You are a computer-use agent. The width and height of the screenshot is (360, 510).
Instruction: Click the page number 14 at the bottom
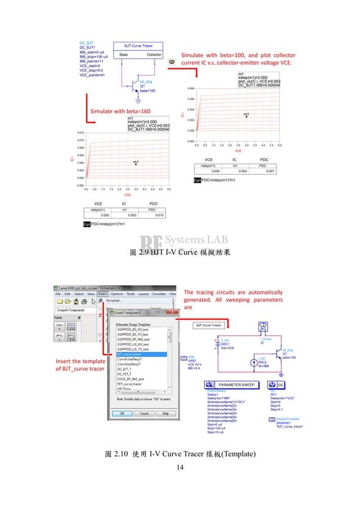[x=180, y=467]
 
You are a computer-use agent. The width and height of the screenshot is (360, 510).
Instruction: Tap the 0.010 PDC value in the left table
[x=160, y=215]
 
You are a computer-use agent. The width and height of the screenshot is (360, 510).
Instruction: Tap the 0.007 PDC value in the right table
[x=270, y=171]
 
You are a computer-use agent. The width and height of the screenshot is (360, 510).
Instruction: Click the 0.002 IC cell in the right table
[x=242, y=171]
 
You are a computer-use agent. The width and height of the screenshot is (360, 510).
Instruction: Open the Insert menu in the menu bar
[x=102, y=294]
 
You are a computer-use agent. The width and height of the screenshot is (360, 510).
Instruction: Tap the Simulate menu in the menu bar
[x=159, y=294]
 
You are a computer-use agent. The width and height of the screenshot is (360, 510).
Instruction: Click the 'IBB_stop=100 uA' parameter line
[x=93, y=57]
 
